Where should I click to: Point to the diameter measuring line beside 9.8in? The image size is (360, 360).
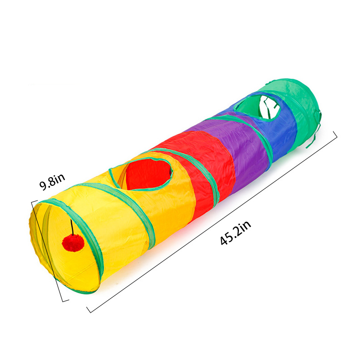pos(49,252)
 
